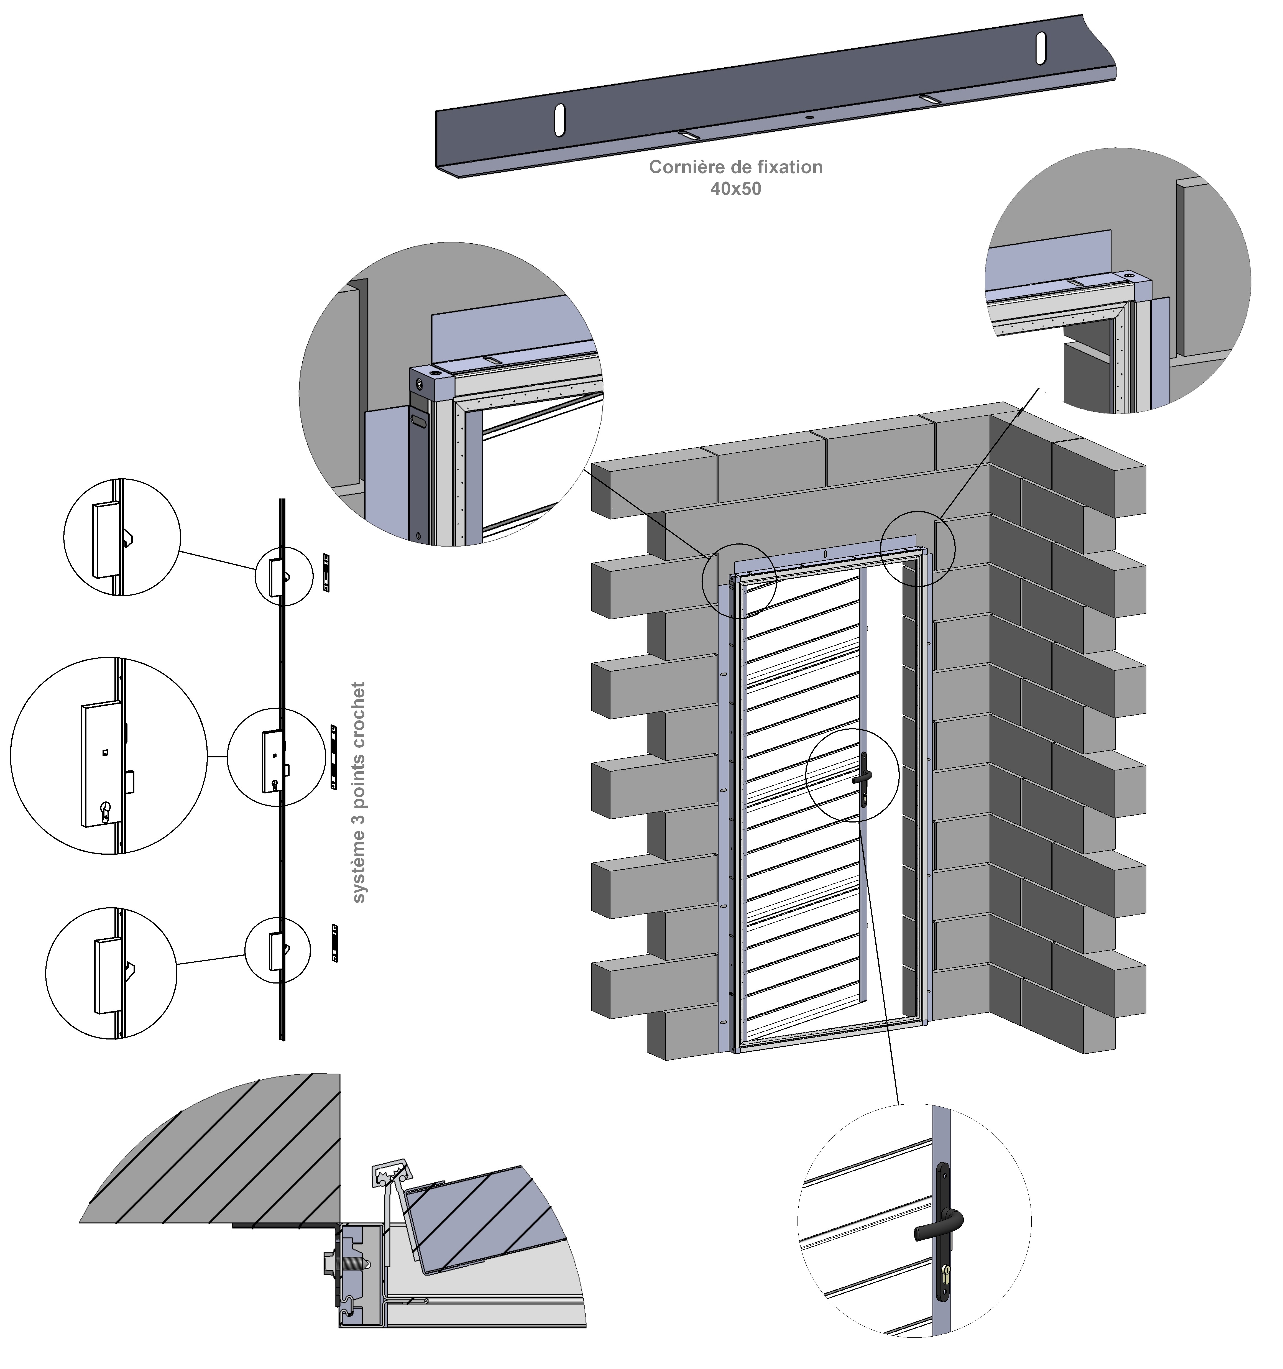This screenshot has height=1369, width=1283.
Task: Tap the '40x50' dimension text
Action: [735, 189]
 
